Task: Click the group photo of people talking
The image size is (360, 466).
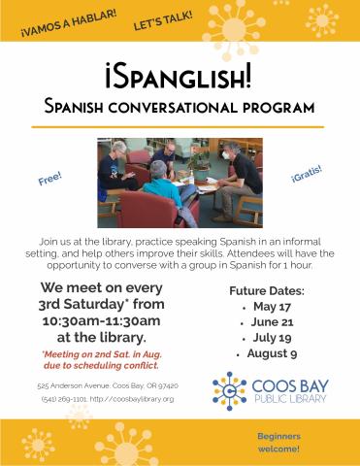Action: coord(179,181)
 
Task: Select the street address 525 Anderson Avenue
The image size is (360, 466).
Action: coord(69,385)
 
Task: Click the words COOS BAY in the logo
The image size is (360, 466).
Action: coord(286,383)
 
